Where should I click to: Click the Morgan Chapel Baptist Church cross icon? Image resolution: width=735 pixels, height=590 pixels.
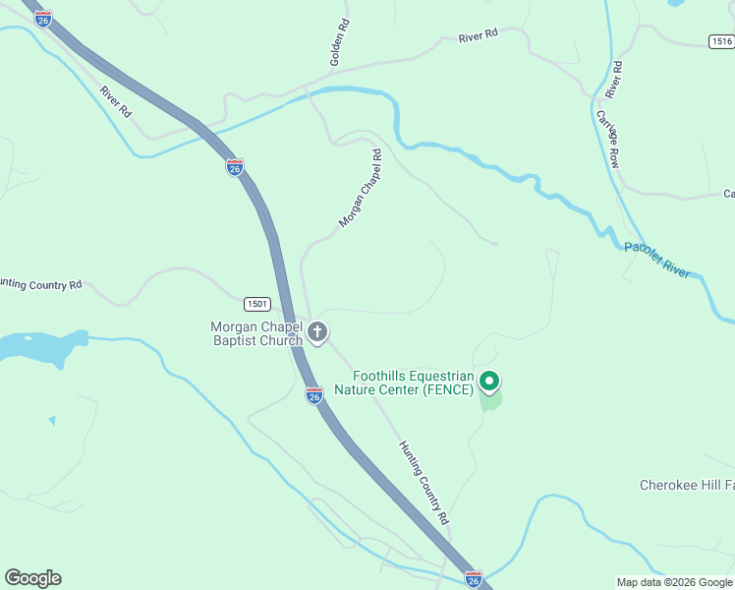coord(317,332)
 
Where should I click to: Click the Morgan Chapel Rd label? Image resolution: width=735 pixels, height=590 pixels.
coord(360,189)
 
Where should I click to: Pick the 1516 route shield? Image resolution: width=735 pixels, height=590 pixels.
coord(720,40)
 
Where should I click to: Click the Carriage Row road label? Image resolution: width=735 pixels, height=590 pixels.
coord(606,138)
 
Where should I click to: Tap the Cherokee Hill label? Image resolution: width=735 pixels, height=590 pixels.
coord(687,485)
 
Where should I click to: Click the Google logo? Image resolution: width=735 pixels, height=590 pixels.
coord(32,578)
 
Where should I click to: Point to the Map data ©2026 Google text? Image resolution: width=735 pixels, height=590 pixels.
coord(673,582)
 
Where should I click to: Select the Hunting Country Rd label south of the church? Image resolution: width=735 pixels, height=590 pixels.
coord(424,481)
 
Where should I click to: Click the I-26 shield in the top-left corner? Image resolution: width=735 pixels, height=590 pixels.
coord(42,19)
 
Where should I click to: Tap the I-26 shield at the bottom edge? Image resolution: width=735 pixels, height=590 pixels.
coord(474,579)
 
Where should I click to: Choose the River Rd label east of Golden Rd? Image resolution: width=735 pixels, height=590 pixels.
coord(479,34)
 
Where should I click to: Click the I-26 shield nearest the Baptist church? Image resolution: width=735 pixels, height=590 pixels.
coord(313,395)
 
